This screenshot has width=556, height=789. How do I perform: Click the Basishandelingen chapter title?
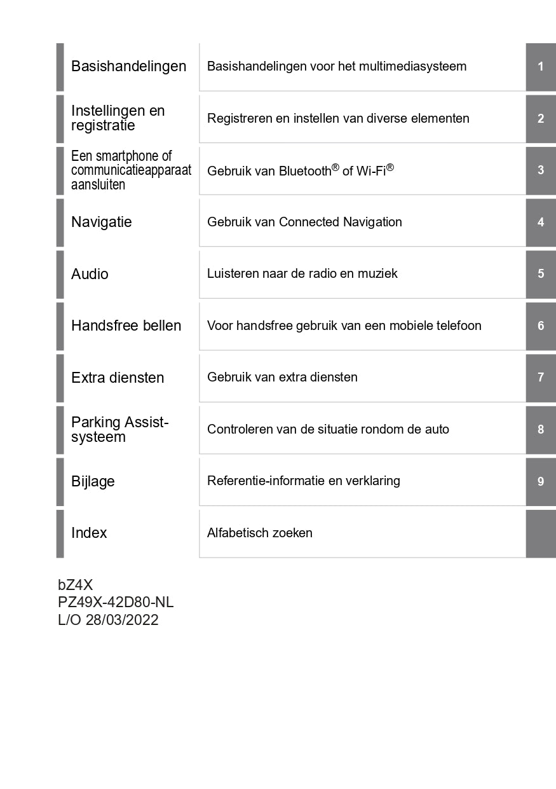coord(128,67)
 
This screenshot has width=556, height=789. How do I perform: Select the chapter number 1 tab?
coord(541,67)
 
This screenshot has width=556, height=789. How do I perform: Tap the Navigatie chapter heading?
coord(102,223)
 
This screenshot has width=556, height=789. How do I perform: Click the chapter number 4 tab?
coord(541,223)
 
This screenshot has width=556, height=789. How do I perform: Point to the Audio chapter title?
coord(90,274)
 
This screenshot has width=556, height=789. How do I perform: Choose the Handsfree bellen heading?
coord(126,326)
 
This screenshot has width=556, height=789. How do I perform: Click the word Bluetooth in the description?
coord(305,171)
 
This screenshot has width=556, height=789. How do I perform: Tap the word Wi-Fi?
coord(371,171)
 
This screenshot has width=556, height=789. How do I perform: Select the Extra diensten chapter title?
coord(118,378)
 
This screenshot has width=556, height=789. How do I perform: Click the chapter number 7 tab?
coord(541,378)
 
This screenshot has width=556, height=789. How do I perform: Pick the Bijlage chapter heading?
coord(93,481)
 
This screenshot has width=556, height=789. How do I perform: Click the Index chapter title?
coord(89,533)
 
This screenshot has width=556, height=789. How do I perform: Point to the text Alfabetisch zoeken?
coord(260,533)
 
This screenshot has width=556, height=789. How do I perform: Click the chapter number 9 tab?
coord(541,481)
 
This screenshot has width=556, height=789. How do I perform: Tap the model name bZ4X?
coord(75,586)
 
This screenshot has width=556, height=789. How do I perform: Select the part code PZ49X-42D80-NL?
coord(116,603)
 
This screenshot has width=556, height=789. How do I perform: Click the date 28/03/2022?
coord(122,620)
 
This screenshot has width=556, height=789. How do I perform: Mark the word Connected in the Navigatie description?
coord(309,223)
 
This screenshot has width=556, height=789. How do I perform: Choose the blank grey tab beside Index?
coord(541,533)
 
